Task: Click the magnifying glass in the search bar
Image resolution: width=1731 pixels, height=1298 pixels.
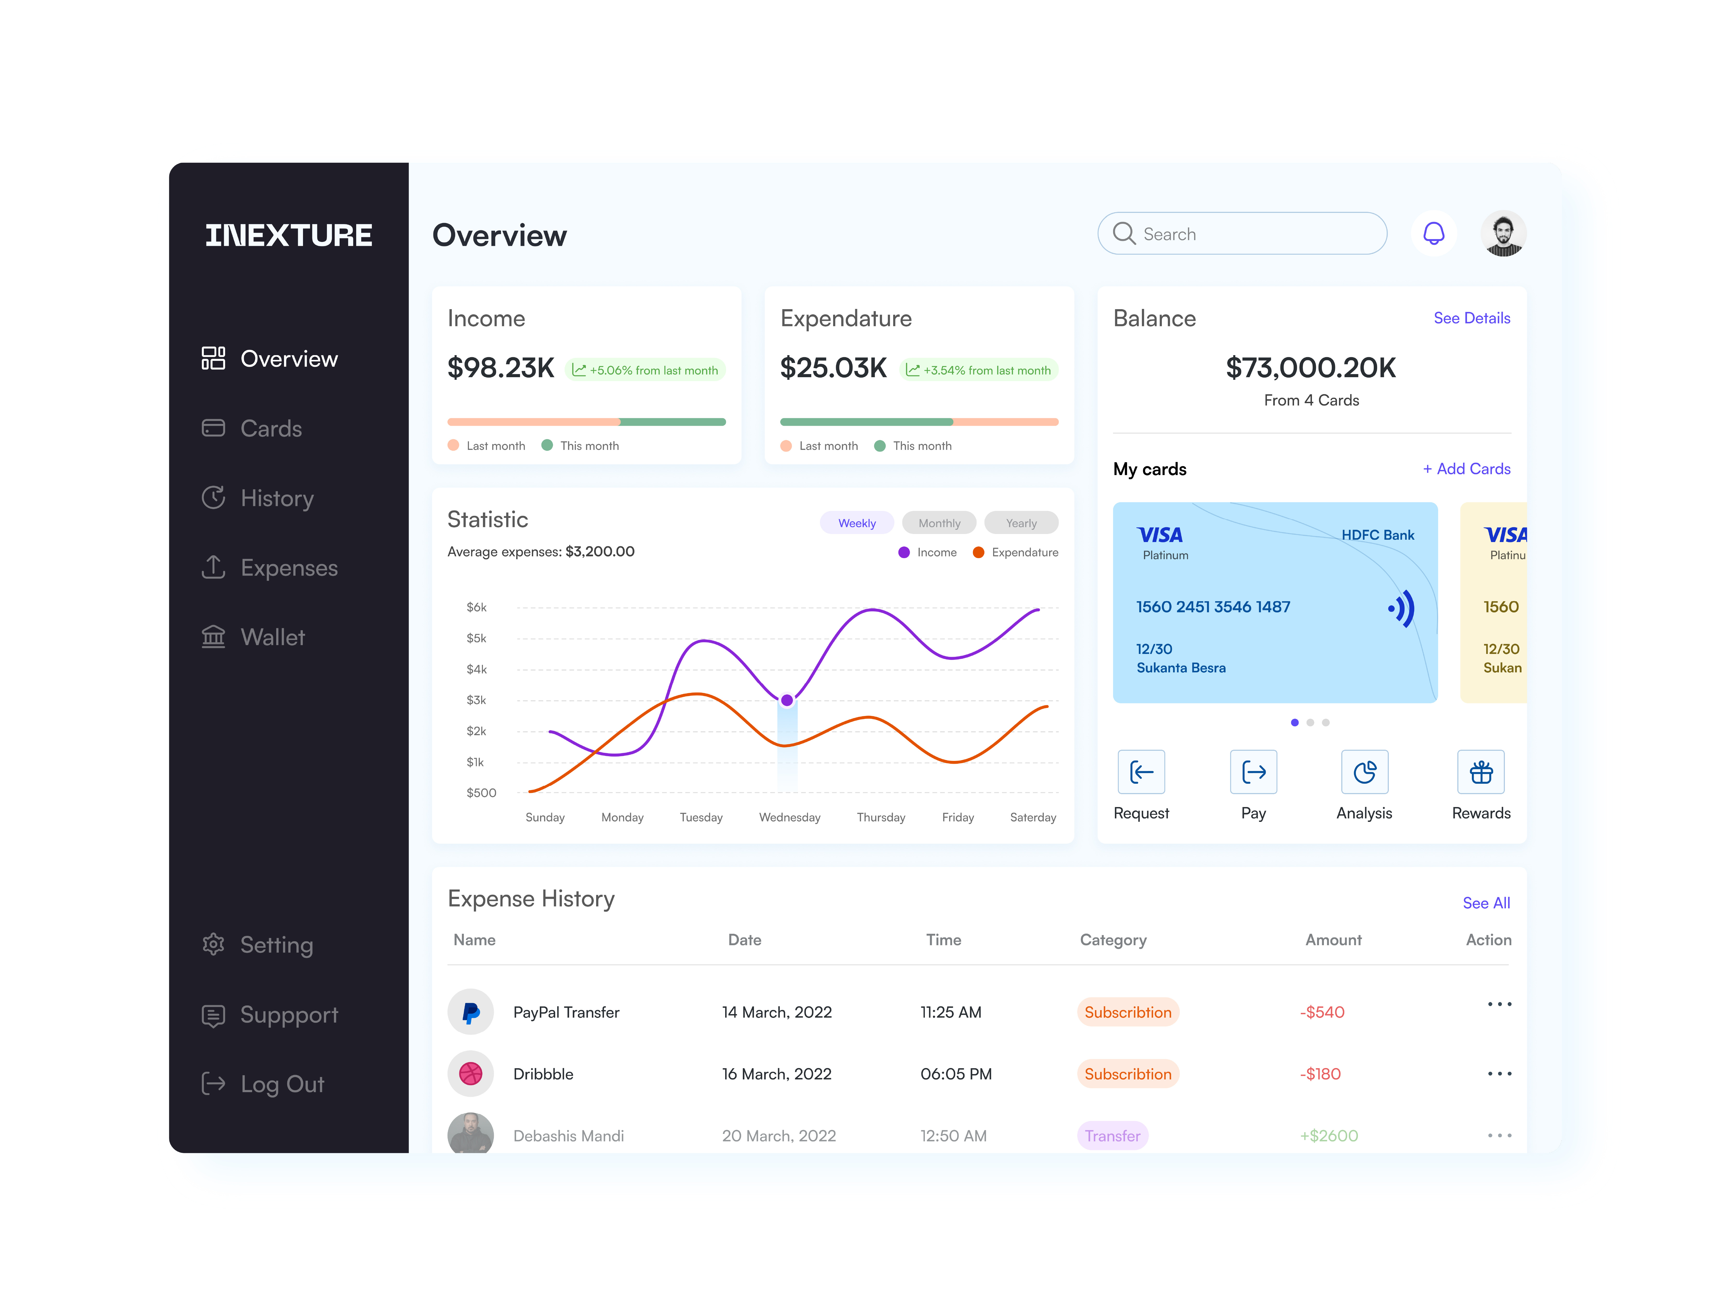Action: tap(1124, 233)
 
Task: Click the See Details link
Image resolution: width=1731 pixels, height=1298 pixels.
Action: tap(1471, 318)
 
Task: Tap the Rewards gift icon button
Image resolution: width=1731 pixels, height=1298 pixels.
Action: tap(1481, 772)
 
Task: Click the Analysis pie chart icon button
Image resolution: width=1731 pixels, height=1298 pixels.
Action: tap(1364, 772)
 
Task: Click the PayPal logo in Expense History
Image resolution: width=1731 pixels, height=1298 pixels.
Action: tap(470, 1012)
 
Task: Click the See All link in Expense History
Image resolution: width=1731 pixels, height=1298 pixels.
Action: tap(1485, 903)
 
